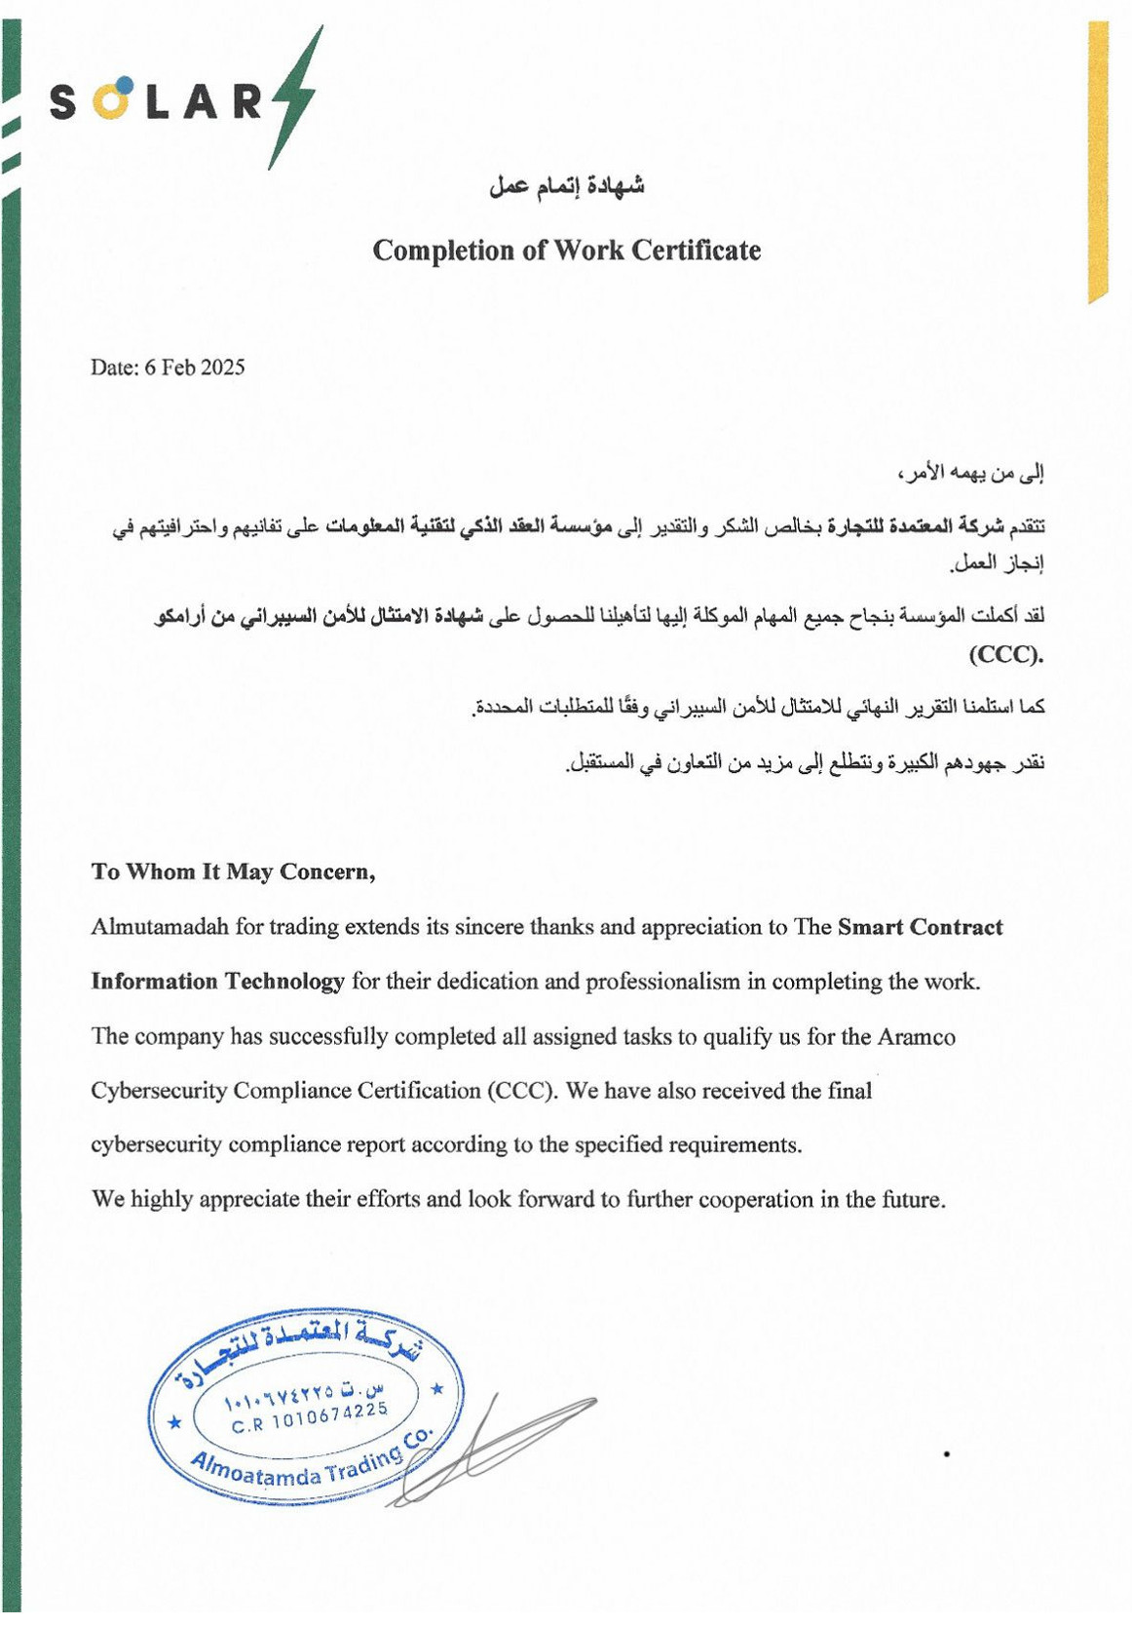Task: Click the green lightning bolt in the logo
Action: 293,97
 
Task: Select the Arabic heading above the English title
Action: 566,184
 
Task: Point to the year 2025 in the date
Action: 222,368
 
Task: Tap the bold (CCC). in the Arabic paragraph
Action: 1005,654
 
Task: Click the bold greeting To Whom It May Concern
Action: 233,871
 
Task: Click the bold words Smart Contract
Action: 920,926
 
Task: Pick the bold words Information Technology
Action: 217,981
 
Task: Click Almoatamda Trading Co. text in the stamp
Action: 310,1464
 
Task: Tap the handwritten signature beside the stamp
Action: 497,1443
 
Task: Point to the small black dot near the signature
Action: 947,1454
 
